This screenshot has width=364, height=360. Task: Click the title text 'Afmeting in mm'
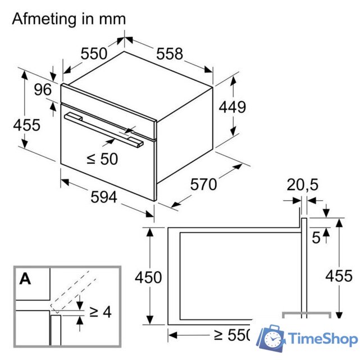point(69,19)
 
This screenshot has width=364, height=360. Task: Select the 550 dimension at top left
point(93,54)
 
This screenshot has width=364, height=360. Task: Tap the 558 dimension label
point(170,54)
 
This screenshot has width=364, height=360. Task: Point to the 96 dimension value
point(42,89)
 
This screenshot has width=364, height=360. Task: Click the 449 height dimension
point(231,107)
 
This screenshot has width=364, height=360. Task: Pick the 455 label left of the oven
point(26,124)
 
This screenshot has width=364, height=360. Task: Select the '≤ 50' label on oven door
point(102,159)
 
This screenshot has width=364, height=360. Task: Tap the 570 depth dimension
point(203,184)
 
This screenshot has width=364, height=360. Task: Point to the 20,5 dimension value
point(302,184)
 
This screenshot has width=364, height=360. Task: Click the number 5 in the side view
point(316,238)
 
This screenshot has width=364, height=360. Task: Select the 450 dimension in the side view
point(148,277)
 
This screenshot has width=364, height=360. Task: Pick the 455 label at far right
point(339,276)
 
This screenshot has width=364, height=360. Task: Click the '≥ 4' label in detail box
point(100,311)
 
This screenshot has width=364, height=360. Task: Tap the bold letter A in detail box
point(25,278)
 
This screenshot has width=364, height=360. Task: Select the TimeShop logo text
point(322,339)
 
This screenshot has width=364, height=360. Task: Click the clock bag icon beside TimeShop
point(272,338)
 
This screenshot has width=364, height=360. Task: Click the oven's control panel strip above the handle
point(107,103)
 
